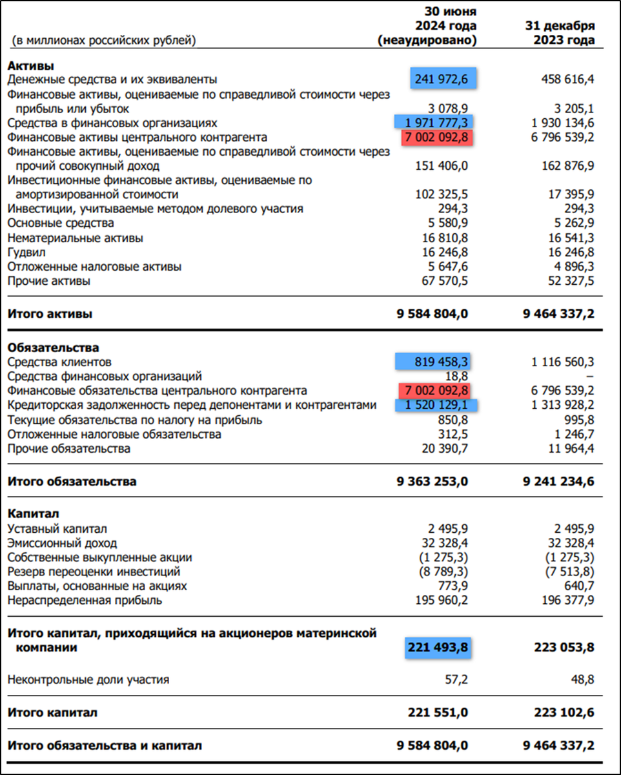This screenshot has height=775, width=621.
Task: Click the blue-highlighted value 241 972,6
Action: click(x=443, y=79)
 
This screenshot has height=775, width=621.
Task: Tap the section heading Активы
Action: click(x=30, y=65)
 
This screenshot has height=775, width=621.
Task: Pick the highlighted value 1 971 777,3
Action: click(x=433, y=123)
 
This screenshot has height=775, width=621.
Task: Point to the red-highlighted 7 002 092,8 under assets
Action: click(x=436, y=138)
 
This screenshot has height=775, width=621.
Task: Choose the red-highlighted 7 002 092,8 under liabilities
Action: click(x=436, y=391)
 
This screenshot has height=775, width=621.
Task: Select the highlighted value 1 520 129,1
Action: click(x=436, y=406)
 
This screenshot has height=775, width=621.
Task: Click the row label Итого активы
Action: click(x=50, y=315)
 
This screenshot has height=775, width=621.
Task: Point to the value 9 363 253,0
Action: click(x=432, y=482)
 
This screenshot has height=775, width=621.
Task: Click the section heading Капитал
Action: click(x=32, y=514)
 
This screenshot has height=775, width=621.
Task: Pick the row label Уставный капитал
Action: click(x=57, y=529)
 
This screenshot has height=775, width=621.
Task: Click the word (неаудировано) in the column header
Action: click(x=427, y=40)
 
